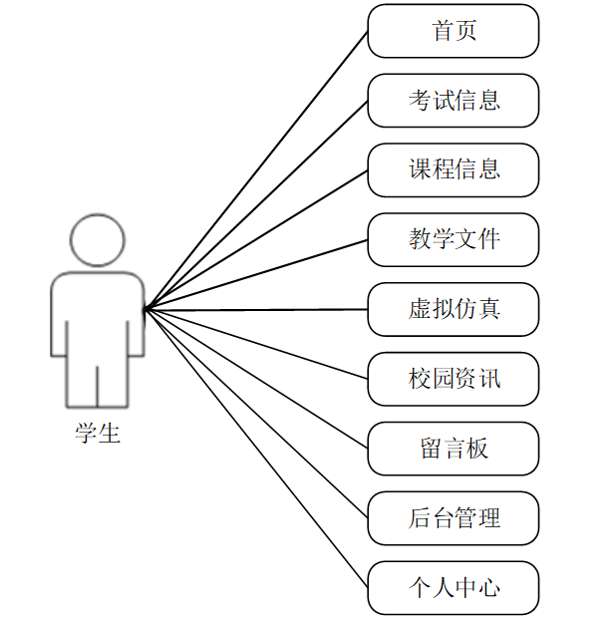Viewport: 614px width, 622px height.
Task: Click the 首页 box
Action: tap(454, 31)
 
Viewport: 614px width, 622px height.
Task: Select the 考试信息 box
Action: tap(454, 101)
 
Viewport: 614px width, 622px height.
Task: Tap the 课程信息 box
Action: tap(454, 169)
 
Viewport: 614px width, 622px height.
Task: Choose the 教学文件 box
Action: tap(454, 239)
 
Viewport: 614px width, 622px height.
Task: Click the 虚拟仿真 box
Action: tap(454, 309)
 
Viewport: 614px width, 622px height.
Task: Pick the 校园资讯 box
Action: tap(454, 379)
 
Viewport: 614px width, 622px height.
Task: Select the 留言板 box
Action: tap(454, 449)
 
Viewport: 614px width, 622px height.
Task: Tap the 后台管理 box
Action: tap(454, 518)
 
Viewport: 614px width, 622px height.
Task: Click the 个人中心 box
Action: tap(454, 588)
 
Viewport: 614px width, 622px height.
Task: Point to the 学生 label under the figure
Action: tap(98, 434)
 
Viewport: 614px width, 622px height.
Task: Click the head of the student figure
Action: tap(98, 240)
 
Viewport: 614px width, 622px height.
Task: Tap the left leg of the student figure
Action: tap(82, 384)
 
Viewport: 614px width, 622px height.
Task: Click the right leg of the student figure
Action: tap(113, 384)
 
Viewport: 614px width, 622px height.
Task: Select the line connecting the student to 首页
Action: tap(256, 170)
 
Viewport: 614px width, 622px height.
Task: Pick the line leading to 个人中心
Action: tap(256, 449)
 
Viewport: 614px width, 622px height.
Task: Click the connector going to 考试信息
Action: tap(256, 204)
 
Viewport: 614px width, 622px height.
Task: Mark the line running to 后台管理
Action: tap(256, 414)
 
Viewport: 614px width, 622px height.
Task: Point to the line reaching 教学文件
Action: tap(256, 274)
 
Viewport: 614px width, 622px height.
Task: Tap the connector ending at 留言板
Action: tap(256, 379)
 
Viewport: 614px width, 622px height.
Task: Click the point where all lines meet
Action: tap(147, 309)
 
